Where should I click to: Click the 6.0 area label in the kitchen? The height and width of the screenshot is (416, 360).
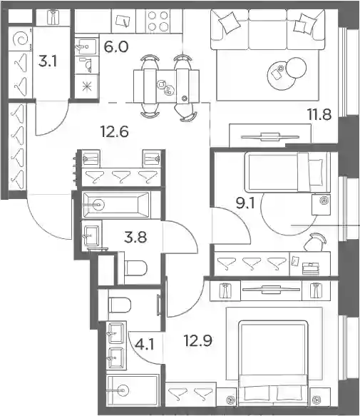click(116, 47)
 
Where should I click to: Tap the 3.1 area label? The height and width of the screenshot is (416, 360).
click(48, 62)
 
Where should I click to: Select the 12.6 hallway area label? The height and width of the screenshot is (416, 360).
click(115, 131)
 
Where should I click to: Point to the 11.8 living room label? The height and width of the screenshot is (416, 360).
click(319, 115)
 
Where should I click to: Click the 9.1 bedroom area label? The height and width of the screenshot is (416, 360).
click(245, 204)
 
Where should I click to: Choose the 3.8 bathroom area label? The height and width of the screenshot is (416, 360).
click(135, 237)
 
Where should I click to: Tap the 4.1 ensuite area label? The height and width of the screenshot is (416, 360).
click(145, 345)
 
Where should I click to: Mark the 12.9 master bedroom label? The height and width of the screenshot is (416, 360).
click(198, 340)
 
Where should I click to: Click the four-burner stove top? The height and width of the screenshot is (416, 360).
click(158, 21)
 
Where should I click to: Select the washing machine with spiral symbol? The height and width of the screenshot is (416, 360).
click(21, 39)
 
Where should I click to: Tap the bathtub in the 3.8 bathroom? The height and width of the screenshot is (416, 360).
click(116, 205)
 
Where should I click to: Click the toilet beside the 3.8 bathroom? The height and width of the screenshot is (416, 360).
click(135, 268)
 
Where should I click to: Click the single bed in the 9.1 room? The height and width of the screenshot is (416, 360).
click(287, 172)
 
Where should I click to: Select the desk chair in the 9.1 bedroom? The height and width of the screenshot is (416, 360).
click(315, 242)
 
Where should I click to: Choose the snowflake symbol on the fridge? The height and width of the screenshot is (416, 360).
click(87, 87)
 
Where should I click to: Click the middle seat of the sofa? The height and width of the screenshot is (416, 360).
click(268, 30)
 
